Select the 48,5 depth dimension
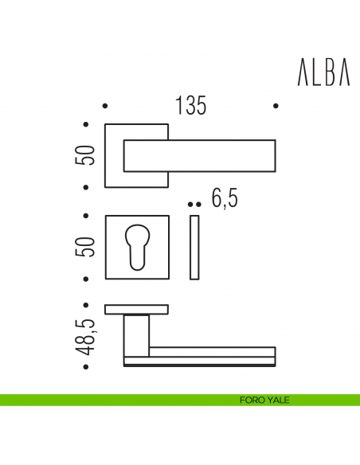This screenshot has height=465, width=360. point(88,335)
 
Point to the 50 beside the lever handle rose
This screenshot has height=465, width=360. point(88,154)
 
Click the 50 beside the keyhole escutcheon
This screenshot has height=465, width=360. point(88,246)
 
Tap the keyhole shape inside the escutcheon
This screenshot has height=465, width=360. point(137,245)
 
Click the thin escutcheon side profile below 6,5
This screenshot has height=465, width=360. point(195,247)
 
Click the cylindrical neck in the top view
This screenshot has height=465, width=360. point(137,334)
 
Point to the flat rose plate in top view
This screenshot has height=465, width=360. point(137,309)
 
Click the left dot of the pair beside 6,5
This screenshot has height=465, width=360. point(190,205)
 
